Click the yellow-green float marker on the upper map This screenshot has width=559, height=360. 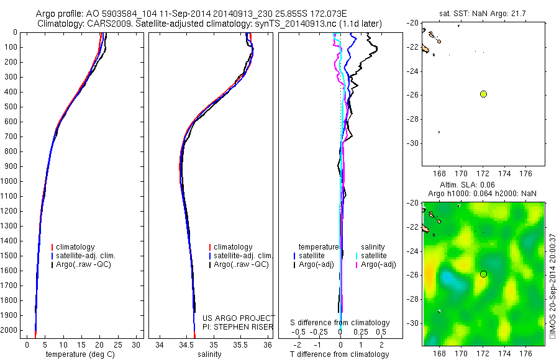coord(483,94)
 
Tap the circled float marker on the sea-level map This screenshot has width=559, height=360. coord(483,274)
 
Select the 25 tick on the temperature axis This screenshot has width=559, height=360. coord(118,344)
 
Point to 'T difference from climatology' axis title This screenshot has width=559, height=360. coord(340,354)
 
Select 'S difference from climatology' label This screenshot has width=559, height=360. coord(340,323)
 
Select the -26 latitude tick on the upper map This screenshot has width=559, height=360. coord(412,94)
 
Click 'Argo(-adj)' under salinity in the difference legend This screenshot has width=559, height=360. coord(378,264)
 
